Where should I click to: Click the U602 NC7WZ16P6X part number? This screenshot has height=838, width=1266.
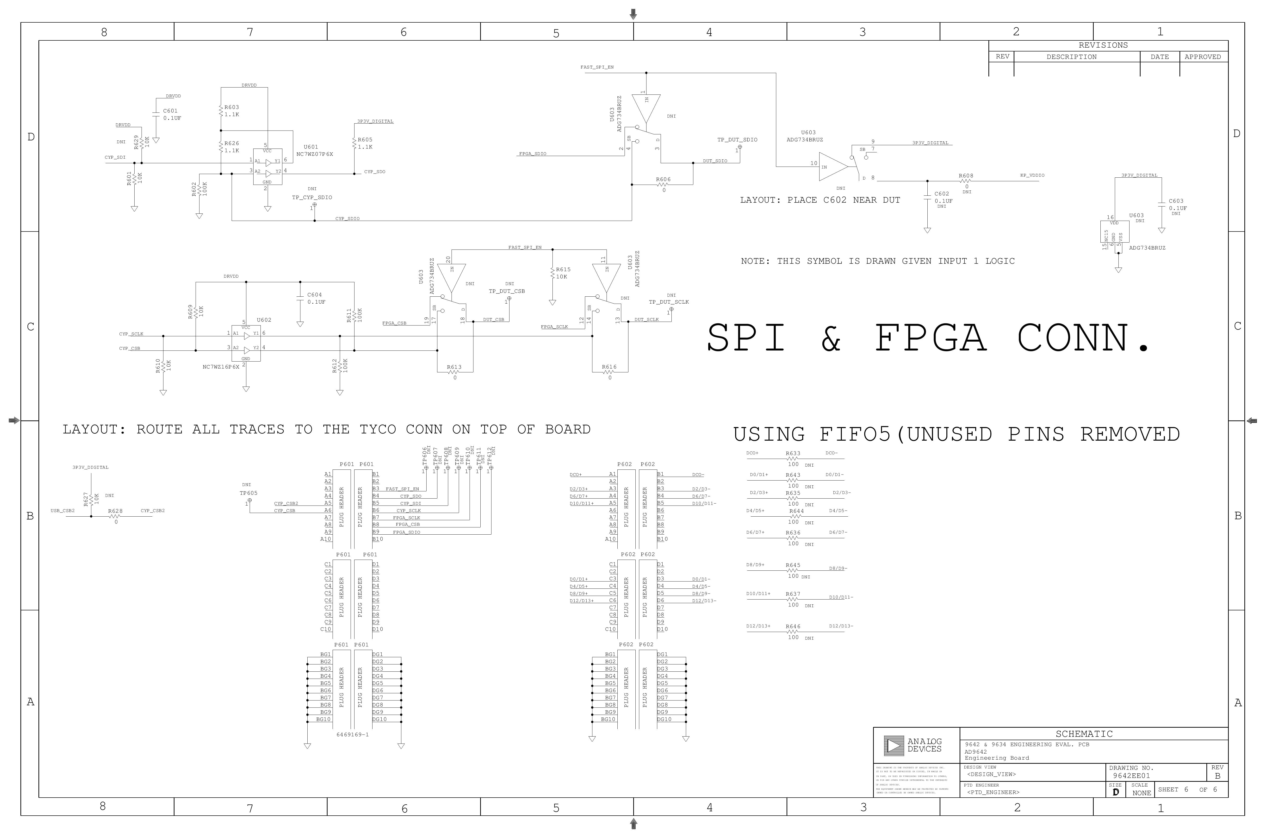tap(221, 367)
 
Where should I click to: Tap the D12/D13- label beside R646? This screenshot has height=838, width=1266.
tap(841, 626)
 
